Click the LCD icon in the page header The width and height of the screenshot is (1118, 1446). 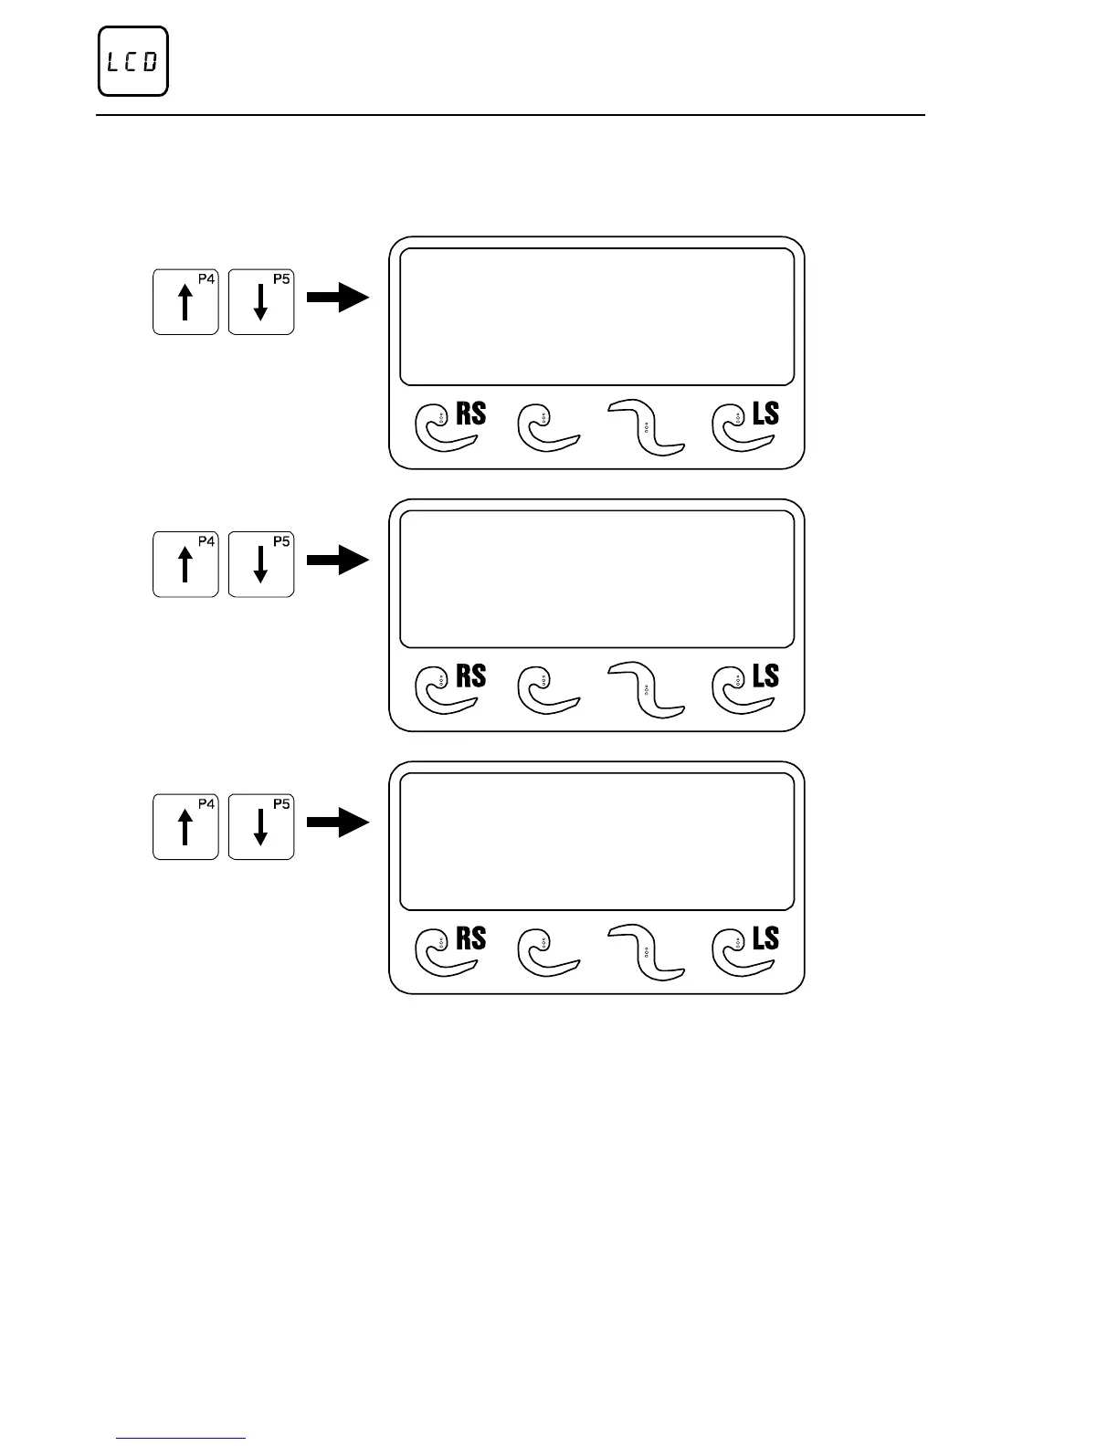(133, 62)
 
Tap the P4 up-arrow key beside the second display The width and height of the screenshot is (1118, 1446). (185, 564)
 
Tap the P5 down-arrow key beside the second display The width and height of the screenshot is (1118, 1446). (260, 564)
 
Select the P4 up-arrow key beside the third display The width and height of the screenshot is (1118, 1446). (185, 827)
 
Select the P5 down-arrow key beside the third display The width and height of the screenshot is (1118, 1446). (260, 827)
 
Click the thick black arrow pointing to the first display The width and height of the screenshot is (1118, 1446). (337, 298)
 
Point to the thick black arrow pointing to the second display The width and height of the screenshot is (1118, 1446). (337, 561)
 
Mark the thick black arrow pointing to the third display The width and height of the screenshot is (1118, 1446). (337, 823)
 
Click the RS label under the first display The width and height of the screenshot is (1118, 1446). (470, 414)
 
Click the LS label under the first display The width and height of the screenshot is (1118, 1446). (765, 414)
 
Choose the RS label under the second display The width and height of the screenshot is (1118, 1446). (470, 676)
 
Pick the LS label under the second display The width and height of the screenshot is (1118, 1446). (765, 676)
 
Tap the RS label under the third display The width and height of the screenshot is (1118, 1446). (470, 938)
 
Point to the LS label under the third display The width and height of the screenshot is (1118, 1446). (765, 938)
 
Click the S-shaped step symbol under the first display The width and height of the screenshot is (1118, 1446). (646, 427)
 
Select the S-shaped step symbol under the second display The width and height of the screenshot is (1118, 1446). (646, 690)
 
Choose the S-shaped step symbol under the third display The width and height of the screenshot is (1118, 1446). (646, 952)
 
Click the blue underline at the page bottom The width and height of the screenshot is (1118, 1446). (182, 1439)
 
